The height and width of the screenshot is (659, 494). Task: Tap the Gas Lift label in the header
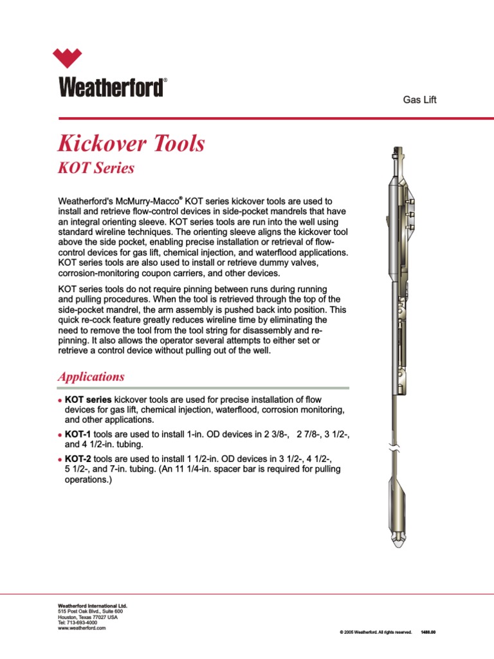pyautogui.click(x=419, y=100)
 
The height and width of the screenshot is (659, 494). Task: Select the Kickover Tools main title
pyautogui.click(x=131, y=143)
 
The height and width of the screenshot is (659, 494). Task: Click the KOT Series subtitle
pyautogui.click(x=96, y=168)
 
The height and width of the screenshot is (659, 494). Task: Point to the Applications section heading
pyautogui.click(x=91, y=376)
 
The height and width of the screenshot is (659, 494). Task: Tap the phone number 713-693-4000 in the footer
pyautogui.click(x=82, y=622)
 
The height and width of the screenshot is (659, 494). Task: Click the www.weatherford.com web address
pyautogui.click(x=82, y=628)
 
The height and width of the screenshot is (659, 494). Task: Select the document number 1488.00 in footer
pyautogui.click(x=428, y=632)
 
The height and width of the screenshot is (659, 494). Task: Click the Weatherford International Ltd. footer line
pyautogui.click(x=93, y=606)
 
